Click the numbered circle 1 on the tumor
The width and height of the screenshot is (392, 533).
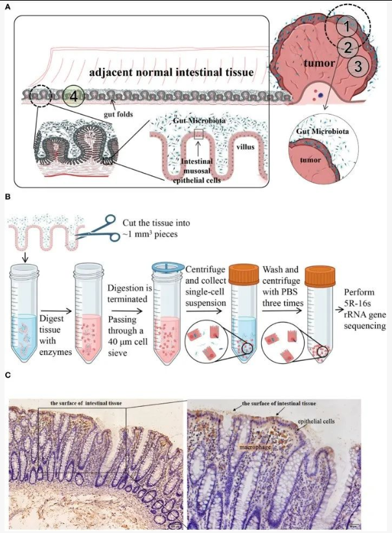point(347,27)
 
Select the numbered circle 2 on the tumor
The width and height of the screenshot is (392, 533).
point(347,47)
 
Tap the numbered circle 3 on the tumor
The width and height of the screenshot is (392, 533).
point(358,66)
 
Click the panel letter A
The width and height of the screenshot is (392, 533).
point(8,6)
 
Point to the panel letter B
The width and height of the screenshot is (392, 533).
point(8,197)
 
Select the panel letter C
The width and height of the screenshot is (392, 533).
point(8,375)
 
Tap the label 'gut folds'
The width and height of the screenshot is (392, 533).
point(119,114)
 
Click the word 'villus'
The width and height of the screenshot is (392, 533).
point(246,147)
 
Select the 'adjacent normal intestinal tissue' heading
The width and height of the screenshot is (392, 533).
point(171,72)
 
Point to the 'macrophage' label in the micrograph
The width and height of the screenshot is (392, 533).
point(255,446)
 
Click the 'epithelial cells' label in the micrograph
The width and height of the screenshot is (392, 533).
point(316,421)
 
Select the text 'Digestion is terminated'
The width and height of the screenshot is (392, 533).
point(130,293)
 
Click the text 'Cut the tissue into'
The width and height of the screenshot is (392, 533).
point(156,223)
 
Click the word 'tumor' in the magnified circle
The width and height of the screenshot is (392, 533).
point(310,160)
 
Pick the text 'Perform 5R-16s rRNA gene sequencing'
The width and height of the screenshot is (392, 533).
point(365,309)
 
